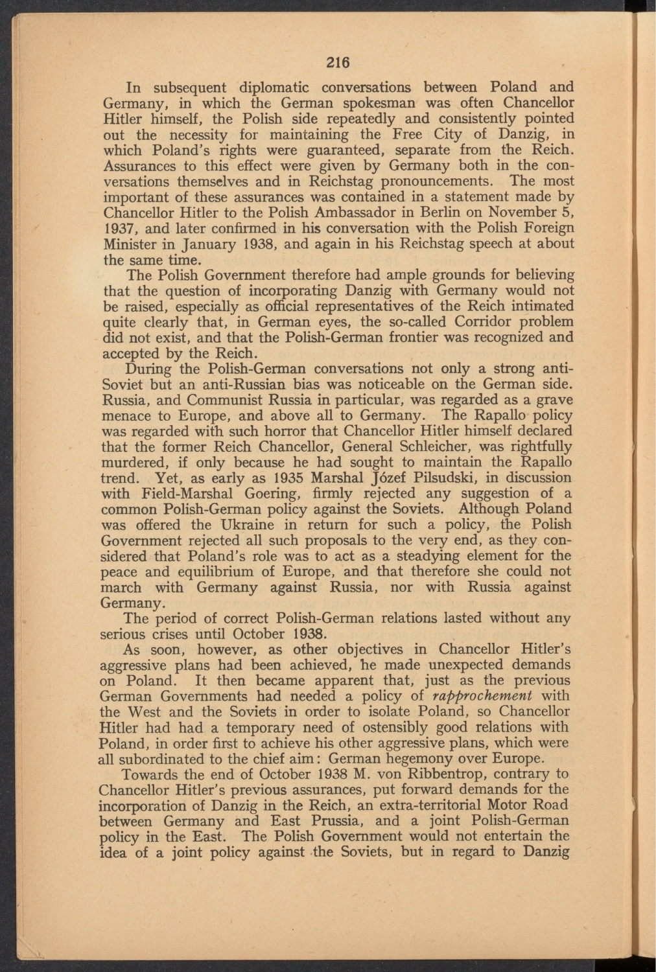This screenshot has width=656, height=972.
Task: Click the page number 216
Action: coord(338,63)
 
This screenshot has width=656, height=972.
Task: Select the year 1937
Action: coord(117,229)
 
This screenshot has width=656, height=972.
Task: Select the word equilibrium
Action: coord(217,572)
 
